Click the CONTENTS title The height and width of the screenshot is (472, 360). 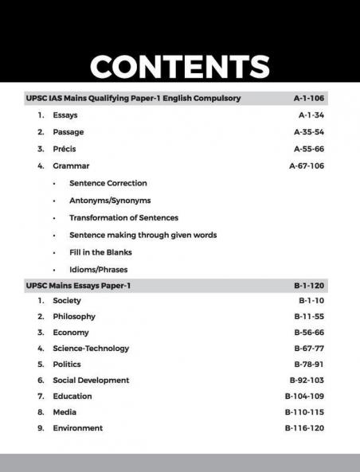(179, 67)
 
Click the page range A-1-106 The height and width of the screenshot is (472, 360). (309, 99)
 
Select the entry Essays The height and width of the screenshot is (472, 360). (65, 115)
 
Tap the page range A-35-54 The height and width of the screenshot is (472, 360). (309, 132)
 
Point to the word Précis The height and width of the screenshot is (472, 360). (66, 149)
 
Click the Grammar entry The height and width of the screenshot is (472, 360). (71, 166)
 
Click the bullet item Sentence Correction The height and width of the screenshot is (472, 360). (108, 183)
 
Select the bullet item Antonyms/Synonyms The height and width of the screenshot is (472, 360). (110, 201)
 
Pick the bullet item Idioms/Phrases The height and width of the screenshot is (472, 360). (98, 269)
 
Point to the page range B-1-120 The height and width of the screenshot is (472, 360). (310, 285)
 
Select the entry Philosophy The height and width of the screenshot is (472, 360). (74, 317)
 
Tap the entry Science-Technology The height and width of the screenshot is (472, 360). (91, 349)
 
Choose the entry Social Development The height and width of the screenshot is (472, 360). (91, 380)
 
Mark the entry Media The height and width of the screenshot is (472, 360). (65, 412)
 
